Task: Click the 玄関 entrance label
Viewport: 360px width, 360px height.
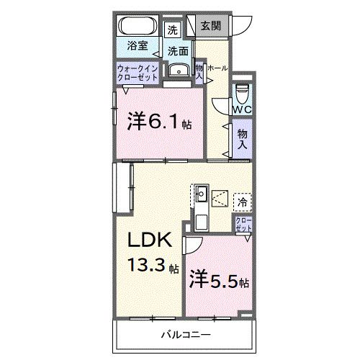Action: click(x=211, y=26)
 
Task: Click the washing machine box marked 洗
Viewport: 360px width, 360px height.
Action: click(x=173, y=30)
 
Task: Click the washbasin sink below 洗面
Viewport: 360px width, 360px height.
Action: click(x=177, y=70)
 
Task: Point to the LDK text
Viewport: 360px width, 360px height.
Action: click(x=150, y=240)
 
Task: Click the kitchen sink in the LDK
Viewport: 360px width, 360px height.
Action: click(x=202, y=193)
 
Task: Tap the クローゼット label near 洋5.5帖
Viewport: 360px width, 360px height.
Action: click(x=243, y=223)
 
